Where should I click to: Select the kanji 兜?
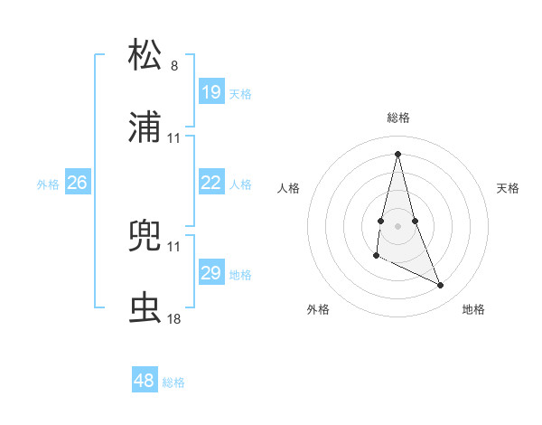[x=145, y=234]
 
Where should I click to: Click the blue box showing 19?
[x=210, y=92]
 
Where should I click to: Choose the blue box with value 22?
[x=210, y=183]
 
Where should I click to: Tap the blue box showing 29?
[x=210, y=273]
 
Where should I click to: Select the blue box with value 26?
[x=77, y=183]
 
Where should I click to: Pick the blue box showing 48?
[x=145, y=381]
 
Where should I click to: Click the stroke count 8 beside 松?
[x=174, y=66]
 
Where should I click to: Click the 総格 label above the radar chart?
[x=398, y=118]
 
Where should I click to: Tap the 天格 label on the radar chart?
[x=509, y=188]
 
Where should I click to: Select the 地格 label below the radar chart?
[x=473, y=310]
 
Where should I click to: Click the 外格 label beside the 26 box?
[x=48, y=184]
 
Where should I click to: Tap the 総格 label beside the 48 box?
[x=173, y=382]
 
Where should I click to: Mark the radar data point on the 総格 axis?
[x=397, y=153]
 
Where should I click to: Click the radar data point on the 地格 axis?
[x=441, y=285]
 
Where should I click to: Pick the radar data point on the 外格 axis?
[x=376, y=256]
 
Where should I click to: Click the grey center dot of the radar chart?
[x=397, y=225]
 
